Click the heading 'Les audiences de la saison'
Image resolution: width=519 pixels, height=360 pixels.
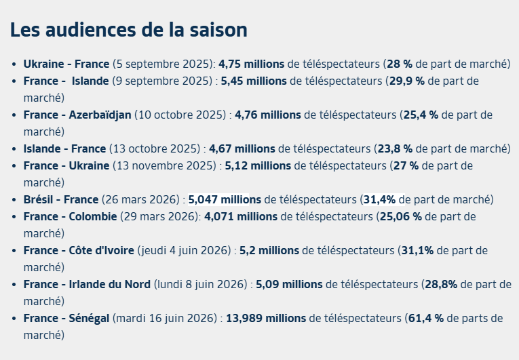pyautogui.click(x=129, y=30)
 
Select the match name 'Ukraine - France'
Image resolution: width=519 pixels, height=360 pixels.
pyautogui.click(x=66, y=64)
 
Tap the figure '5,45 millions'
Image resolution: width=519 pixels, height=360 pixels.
pyautogui.click(x=254, y=81)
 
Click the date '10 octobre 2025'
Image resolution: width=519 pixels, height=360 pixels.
pyautogui.click(x=180, y=115)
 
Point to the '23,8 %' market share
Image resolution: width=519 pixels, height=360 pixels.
pyautogui.click(x=395, y=149)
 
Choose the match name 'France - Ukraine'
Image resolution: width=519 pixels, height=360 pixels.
pyautogui.click(x=66, y=166)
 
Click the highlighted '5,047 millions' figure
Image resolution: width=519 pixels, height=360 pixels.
pyautogui.click(x=225, y=200)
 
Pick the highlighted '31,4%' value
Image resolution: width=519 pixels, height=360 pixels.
pyautogui.click(x=379, y=200)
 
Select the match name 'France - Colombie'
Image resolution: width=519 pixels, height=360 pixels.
pyautogui.click(x=70, y=217)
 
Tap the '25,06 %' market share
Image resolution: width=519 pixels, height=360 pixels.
pyautogui.click(x=401, y=217)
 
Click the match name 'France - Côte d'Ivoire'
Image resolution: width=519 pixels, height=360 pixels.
pyautogui.click(x=79, y=250)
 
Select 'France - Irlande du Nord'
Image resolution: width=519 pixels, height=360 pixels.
pyautogui.click(x=87, y=285)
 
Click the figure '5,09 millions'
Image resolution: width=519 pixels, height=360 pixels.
pyautogui.click(x=289, y=285)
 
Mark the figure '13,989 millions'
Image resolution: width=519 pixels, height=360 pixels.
pyautogui.click(x=266, y=319)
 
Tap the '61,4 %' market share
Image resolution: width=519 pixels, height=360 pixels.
pyautogui.click(x=426, y=319)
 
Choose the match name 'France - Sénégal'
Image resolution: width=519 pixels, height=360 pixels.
pyautogui.click(x=66, y=319)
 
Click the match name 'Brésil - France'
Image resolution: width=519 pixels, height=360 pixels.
pyautogui.click(x=61, y=200)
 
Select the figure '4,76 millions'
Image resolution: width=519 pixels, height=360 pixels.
pyautogui.click(x=268, y=115)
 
